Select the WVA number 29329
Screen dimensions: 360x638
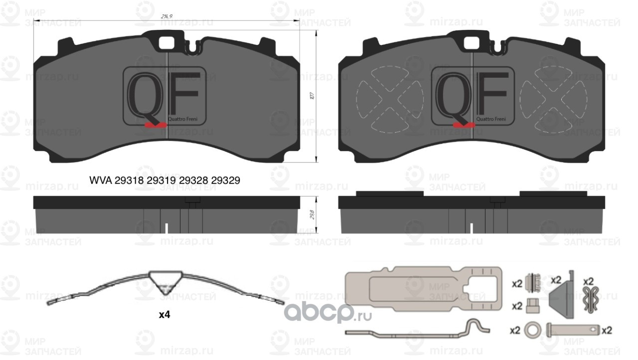pyautogui.click(x=226, y=180)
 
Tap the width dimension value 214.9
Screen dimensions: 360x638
pyautogui.click(x=166, y=16)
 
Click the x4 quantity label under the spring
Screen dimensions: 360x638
pyautogui.click(x=164, y=315)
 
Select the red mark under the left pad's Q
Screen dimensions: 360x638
pyautogui.click(x=155, y=125)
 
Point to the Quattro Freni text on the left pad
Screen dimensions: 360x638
pyautogui.click(x=185, y=119)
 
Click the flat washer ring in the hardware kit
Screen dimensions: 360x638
pyautogui.click(x=532, y=330)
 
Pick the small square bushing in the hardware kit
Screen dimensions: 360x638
pyautogui.click(x=532, y=306)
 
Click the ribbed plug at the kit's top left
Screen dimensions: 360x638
pyautogui.click(x=533, y=283)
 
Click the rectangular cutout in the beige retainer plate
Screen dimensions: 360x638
pyautogui.click(x=419, y=289)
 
